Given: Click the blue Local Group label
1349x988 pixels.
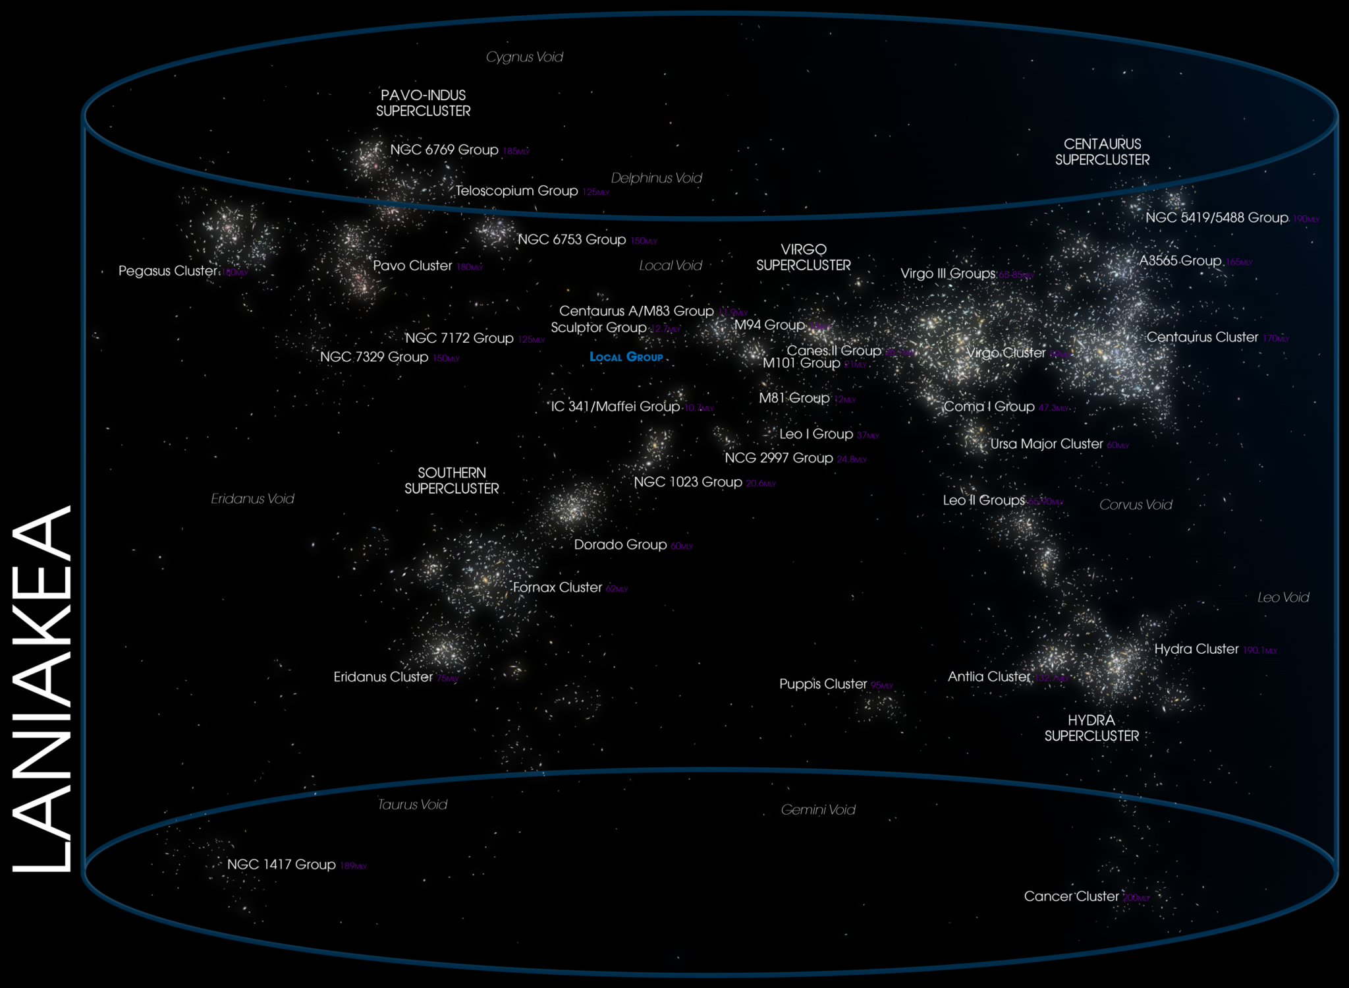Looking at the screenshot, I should [626, 357].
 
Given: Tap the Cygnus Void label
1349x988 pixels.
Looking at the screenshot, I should [524, 57].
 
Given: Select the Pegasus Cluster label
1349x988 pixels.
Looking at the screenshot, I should [167, 271].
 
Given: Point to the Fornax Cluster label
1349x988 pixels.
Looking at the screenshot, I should [557, 587].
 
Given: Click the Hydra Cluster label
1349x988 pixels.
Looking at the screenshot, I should [1196, 649].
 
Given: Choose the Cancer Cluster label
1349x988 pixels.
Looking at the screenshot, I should [1071, 896].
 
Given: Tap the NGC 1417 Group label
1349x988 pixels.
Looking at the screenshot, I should [281, 864].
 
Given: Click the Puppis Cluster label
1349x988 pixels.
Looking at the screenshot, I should [823, 684].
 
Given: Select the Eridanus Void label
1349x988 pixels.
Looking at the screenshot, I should [252, 499].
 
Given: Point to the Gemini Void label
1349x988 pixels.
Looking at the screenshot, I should [818, 809].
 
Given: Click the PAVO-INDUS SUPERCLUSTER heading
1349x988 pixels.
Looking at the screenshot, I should [424, 103].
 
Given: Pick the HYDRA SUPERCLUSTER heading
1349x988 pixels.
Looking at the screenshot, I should [1091, 728].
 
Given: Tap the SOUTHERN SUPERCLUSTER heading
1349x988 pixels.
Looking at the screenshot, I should [452, 480].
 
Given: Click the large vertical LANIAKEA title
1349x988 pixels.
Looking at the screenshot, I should [41, 689].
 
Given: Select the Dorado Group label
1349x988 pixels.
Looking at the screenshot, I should [620, 544].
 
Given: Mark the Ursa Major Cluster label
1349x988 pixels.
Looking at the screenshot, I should [1047, 444].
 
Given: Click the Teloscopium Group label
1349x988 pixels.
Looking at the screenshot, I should [516, 191].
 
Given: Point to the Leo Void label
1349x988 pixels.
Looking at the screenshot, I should [1283, 598].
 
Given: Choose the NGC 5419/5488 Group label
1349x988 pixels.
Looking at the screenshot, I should [1217, 218].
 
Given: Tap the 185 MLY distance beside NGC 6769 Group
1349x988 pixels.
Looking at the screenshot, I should [516, 151].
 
